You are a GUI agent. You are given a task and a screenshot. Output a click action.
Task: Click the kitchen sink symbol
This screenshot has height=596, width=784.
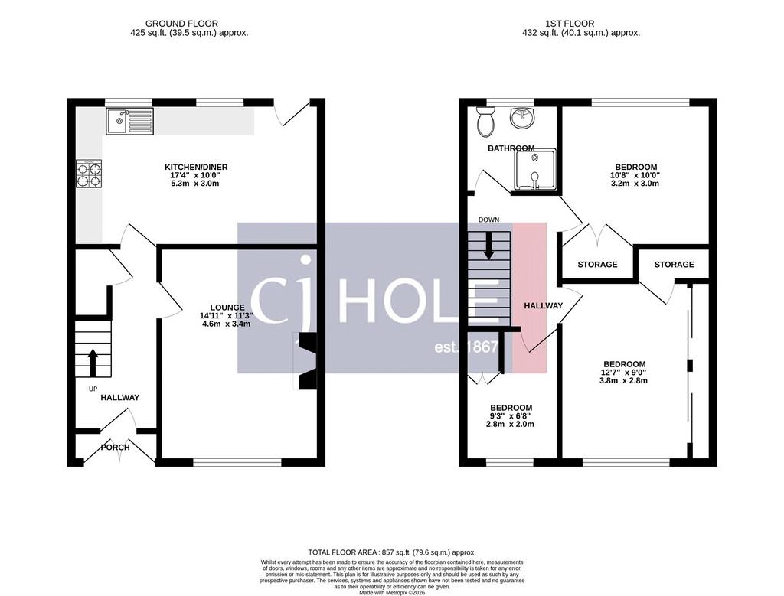pyautogui.click(x=129, y=121)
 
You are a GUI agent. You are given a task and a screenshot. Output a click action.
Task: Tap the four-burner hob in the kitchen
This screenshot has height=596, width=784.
pyautogui.click(x=89, y=174)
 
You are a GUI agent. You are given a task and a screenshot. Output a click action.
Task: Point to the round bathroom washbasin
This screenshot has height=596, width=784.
pyautogui.click(x=522, y=118)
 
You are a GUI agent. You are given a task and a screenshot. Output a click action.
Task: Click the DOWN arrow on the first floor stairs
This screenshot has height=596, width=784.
pyautogui.click(x=488, y=245)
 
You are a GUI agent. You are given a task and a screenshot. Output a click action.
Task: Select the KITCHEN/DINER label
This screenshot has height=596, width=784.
pyautogui.click(x=196, y=167)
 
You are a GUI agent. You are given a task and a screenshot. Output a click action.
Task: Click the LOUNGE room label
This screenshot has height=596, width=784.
pyautogui.click(x=227, y=308)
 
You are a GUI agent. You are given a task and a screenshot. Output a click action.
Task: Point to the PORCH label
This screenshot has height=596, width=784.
pyautogui.click(x=116, y=447)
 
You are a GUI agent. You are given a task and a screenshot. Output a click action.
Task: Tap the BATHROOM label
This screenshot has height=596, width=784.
pyautogui.click(x=511, y=148)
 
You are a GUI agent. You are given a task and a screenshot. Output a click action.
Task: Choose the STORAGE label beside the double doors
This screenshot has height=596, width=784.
pyautogui.click(x=597, y=264)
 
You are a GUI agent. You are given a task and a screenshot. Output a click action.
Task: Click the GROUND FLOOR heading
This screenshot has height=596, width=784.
pyautogui.click(x=181, y=24)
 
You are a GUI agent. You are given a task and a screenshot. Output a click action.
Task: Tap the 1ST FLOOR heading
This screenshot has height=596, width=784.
pyautogui.click(x=570, y=24)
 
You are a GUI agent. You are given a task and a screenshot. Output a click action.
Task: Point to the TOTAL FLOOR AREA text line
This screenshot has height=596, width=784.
pyautogui.click(x=392, y=552)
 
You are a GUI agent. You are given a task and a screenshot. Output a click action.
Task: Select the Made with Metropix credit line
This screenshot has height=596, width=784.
pyautogui.click(x=392, y=593)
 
